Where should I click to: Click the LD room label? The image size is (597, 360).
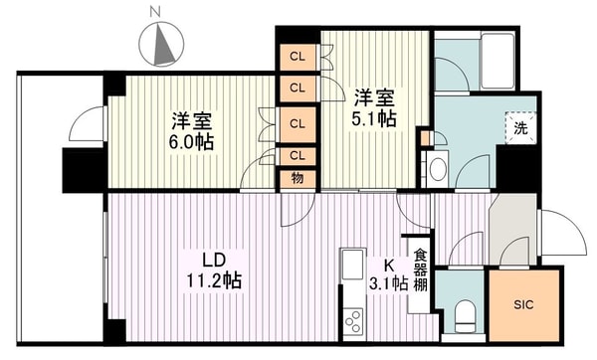click(214, 261)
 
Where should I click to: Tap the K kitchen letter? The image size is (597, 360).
click(391, 265)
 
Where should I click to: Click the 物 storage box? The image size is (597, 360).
click(298, 178)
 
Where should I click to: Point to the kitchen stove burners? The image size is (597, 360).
click(351, 319)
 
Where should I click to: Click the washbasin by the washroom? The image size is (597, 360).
click(439, 163)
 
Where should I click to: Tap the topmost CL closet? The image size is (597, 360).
click(298, 57)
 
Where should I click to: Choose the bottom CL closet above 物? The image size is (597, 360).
click(298, 156)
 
